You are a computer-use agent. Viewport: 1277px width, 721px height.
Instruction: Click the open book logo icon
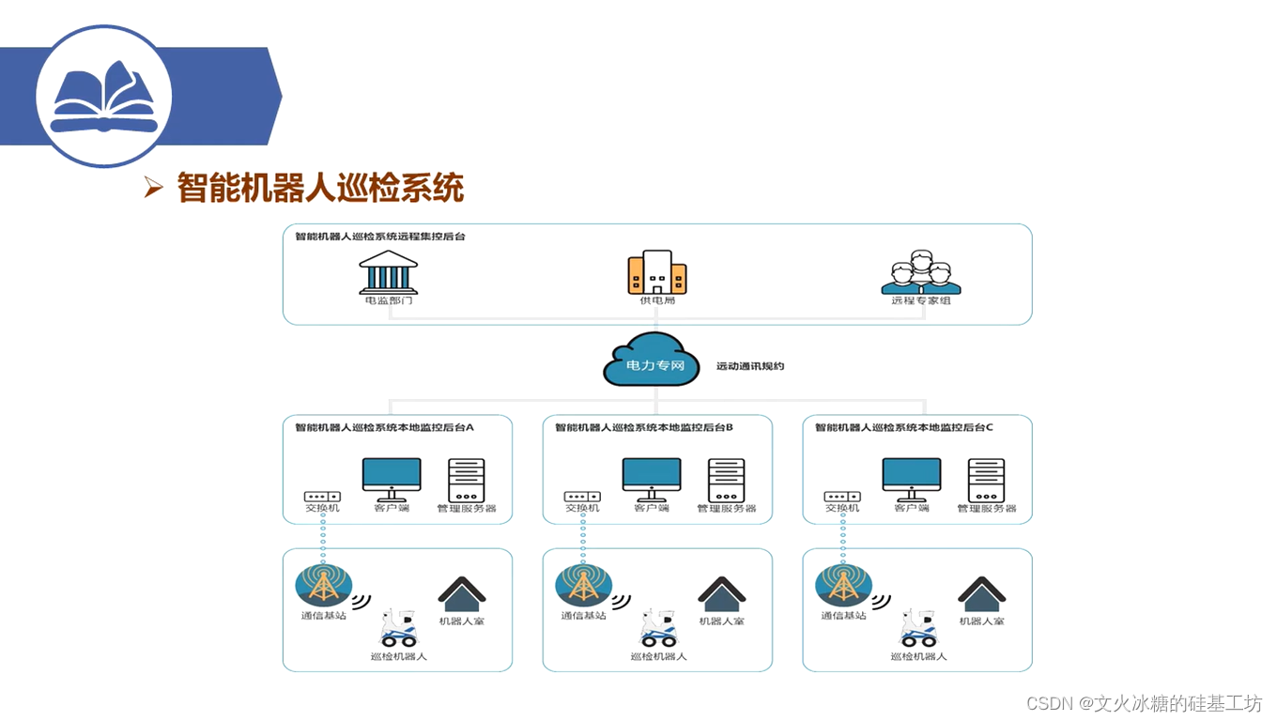pos(104,97)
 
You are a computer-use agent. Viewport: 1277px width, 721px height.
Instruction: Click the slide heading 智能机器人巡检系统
pos(320,188)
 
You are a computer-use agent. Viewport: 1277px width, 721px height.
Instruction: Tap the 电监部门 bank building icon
pos(388,271)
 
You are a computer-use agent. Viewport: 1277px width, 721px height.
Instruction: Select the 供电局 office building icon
pos(656,272)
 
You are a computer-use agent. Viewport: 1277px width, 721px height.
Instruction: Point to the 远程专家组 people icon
pos(921,272)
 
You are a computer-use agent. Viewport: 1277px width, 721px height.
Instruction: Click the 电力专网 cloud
pos(652,361)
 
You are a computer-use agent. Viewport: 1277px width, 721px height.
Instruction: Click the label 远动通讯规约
pos(749,366)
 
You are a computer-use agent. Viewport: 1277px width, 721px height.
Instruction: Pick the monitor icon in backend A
pos(392,479)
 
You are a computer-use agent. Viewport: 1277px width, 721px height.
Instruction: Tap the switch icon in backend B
pos(581,496)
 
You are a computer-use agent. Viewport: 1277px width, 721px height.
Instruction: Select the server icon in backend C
pos(986,480)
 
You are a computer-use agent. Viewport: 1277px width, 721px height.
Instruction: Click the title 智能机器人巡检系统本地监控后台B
pos(643,427)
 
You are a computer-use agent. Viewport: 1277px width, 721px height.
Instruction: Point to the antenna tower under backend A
pos(323,585)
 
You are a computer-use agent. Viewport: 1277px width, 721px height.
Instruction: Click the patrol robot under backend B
pos(658,628)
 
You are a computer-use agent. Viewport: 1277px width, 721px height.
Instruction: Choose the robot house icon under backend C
pos(981,593)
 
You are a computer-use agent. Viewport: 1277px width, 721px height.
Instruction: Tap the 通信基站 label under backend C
pos(843,616)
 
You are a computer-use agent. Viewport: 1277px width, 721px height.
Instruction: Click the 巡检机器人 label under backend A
pos(398,656)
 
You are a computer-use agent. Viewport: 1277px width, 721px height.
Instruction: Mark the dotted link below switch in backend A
pos(322,537)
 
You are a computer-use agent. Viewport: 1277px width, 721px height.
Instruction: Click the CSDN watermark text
pos(1144,703)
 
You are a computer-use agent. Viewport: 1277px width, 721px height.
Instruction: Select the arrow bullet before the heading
pos(154,188)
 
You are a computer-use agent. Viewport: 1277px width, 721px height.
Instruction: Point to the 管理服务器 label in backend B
pos(726,509)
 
